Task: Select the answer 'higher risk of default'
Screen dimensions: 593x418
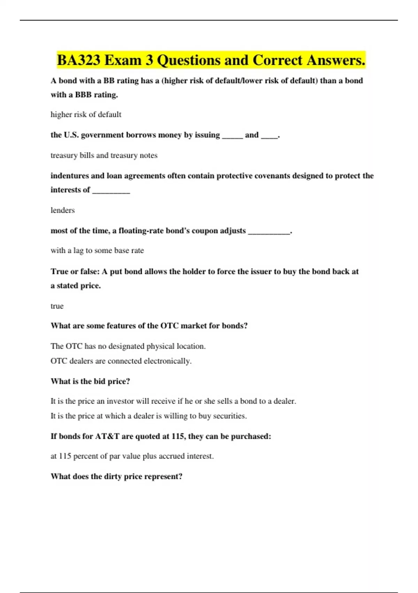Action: [x=86, y=114]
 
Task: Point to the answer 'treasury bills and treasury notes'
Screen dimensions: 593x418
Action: [x=104, y=155]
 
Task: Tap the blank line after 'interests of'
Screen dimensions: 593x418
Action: [x=111, y=191]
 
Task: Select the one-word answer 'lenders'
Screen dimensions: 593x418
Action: [x=63, y=210]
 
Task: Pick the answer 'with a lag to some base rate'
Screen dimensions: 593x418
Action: [x=97, y=250]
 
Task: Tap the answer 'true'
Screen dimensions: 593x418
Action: [x=57, y=306]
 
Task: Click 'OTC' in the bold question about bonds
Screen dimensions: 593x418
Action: [x=169, y=326]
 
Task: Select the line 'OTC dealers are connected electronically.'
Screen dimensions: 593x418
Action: [x=121, y=361]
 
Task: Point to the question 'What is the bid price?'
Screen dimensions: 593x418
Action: [x=90, y=381]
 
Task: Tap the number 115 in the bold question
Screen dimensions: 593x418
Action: [x=178, y=436]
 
